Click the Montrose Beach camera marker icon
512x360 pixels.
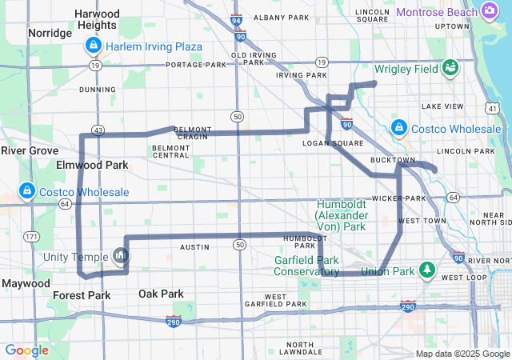[490, 10]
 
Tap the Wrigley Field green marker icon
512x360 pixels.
[450, 67]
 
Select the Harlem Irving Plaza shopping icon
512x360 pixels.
[94, 46]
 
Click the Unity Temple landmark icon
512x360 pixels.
[120, 255]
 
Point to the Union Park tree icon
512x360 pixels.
[427, 270]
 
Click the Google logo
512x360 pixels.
[27, 350]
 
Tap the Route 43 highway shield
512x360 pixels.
[98, 130]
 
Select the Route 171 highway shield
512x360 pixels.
[31, 237]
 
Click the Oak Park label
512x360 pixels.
[161, 294]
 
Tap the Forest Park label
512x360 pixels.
[82, 295]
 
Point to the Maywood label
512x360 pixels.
[26, 283]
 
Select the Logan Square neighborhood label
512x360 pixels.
[327, 143]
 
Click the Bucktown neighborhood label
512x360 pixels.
[393, 160]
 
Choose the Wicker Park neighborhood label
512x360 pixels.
[398, 198]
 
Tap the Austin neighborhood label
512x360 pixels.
[194, 247]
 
